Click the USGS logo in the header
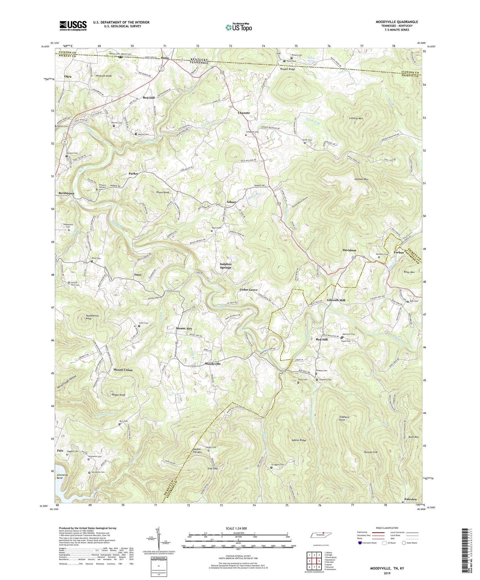click(x=73, y=25)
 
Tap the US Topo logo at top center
click(x=238, y=27)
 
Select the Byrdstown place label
click(x=66, y=193)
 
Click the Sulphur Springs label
click(x=225, y=266)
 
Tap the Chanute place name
click(x=244, y=113)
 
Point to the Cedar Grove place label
click(x=248, y=290)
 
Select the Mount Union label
click(x=123, y=370)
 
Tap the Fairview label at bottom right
click(x=411, y=500)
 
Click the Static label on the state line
click(x=165, y=58)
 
